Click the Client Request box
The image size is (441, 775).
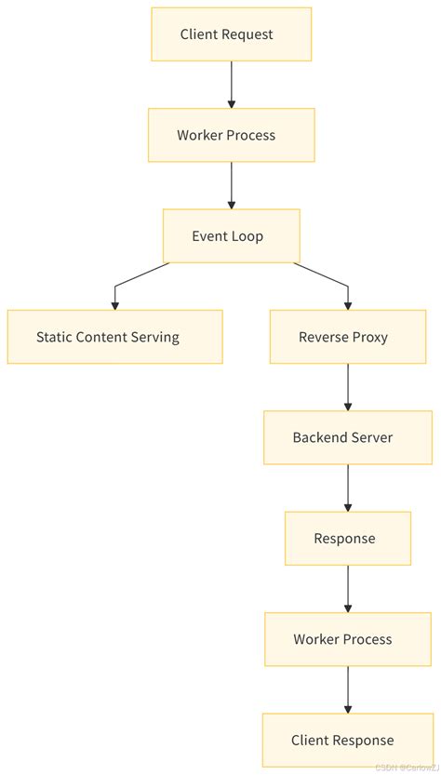(x=231, y=34)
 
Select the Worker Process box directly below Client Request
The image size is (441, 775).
(x=231, y=135)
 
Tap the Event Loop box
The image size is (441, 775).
(x=231, y=235)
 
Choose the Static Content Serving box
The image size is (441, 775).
(x=114, y=337)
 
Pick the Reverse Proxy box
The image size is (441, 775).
(x=348, y=337)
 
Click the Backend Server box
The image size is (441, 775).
(x=348, y=437)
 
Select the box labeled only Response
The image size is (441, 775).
(x=348, y=538)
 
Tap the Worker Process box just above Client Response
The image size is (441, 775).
(x=348, y=639)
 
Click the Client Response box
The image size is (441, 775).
(x=348, y=740)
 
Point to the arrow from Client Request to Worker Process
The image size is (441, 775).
(x=231, y=85)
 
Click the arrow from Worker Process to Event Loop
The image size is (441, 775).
(x=231, y=185)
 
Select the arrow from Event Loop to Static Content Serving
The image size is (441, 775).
(x=130, y=278)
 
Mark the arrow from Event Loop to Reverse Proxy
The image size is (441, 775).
(x=330, y=278)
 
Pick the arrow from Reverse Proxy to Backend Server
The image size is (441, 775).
(x=348, y=387)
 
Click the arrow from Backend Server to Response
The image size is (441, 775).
(x=348, y=488)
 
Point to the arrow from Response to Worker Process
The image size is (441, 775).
(x=348, y=588)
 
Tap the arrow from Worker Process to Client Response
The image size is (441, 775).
(x=348, y=689)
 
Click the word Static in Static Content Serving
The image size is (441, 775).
(x=54, y=337)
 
